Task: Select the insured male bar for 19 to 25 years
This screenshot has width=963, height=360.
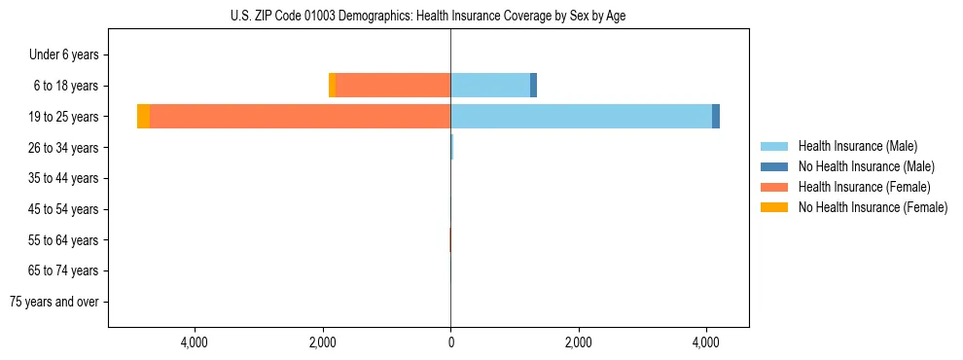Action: click(x=581, y=117)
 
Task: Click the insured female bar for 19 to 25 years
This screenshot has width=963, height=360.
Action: click(x=300, y=117)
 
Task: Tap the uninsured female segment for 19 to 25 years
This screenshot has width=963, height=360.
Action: click(x=143, y=117)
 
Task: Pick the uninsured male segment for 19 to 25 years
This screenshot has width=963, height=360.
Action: click(x=716, y=117)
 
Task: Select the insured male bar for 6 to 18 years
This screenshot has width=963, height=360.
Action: click(x=490, y=86)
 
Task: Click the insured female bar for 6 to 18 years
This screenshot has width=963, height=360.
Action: click(x=393, y=86)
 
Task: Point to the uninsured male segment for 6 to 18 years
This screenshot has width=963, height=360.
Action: click(x=533, y=86)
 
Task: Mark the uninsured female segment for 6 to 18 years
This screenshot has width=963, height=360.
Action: click(x=332, y=86)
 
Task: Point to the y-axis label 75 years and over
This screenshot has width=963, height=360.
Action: click(x=53, y=302)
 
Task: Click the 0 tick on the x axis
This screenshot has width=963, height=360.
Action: click(x=450, y=342)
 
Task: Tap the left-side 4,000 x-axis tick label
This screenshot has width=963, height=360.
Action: click(x=195, y=342)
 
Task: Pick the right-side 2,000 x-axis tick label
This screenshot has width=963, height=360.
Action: click(x=578, y=342)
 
